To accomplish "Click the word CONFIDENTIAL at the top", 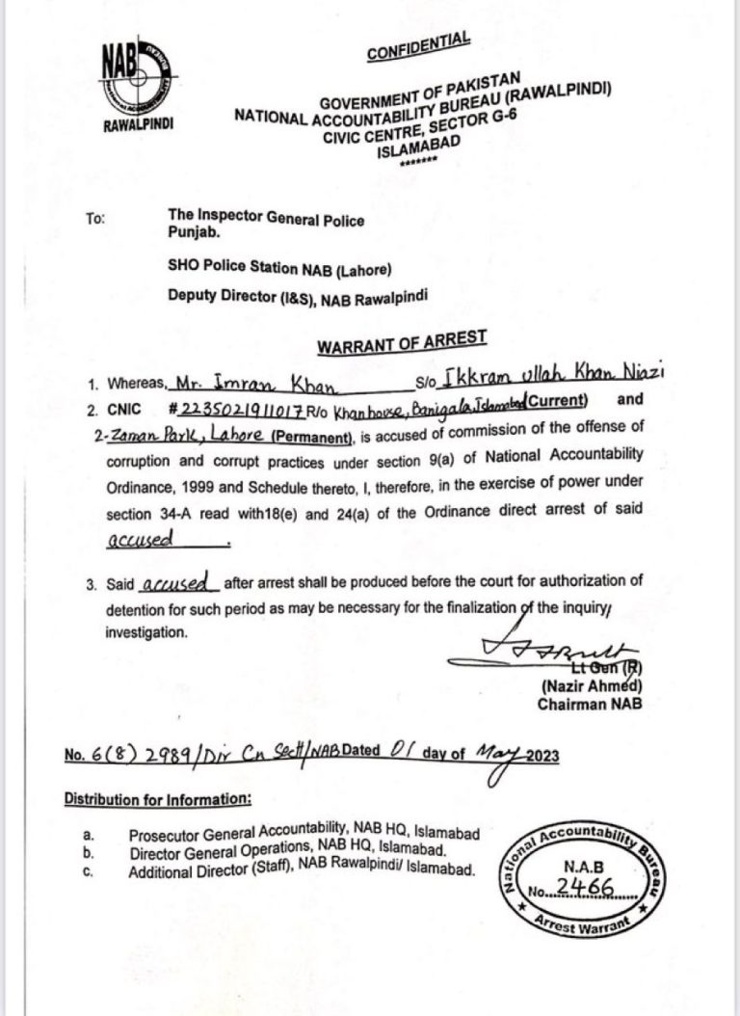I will [x=418, y=46].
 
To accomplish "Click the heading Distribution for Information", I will [x=158, y=799].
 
